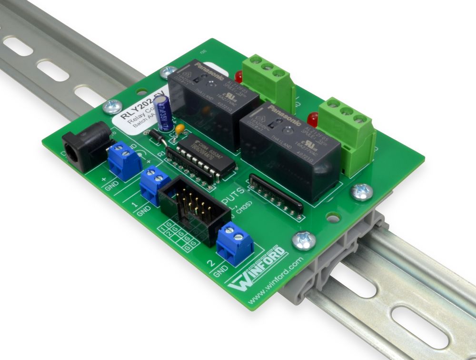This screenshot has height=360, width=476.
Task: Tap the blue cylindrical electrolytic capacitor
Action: pyautogui.click(x=164, y=113)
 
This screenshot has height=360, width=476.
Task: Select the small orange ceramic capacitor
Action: pyautogui.click(x=180, y=129)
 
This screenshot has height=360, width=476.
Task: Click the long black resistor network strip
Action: pyautogui.click(x=276, y=193)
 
